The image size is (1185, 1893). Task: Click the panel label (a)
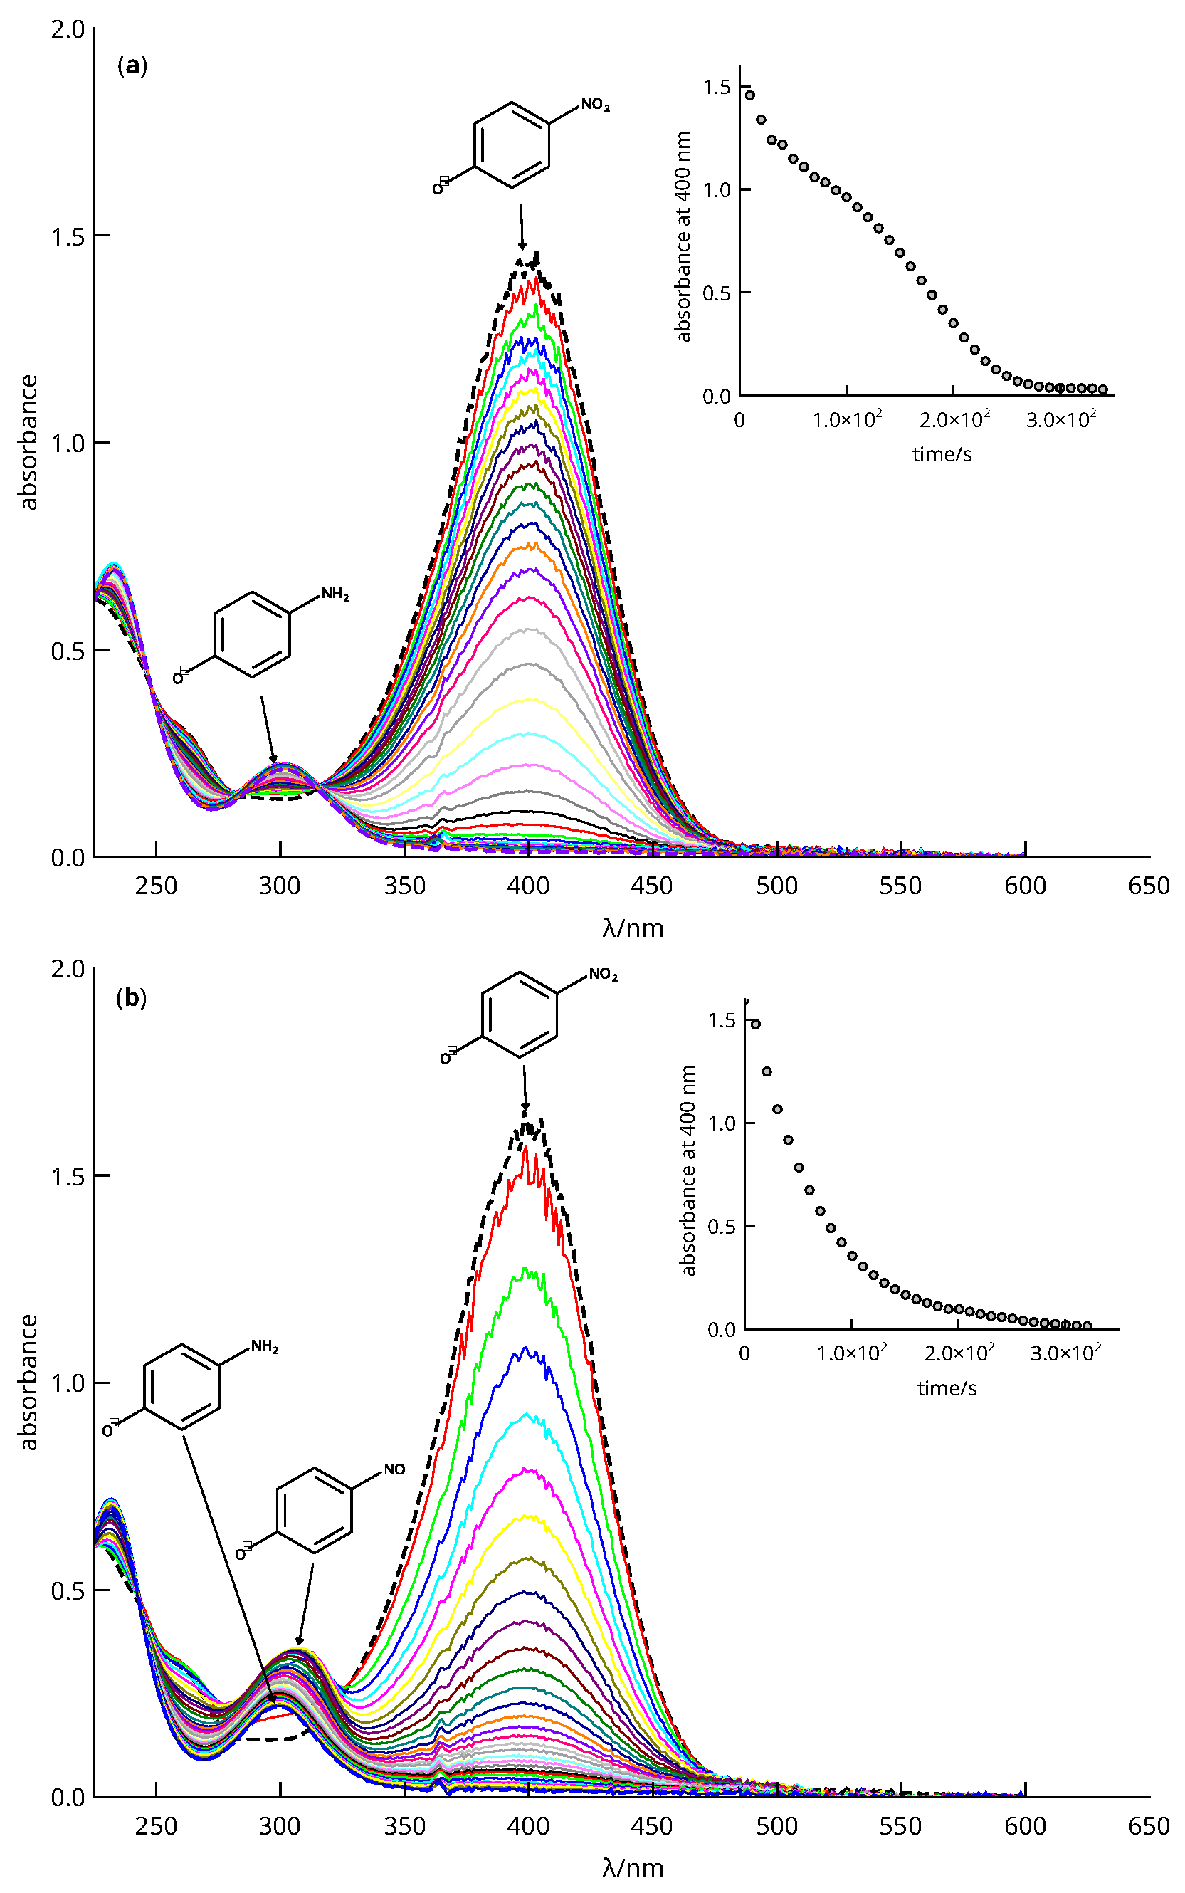[x=132, y=65]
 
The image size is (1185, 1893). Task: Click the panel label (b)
[x=131, y=998]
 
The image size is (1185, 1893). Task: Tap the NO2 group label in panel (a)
[x=595, y=106]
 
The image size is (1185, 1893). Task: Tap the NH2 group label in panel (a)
[x=335, y=594]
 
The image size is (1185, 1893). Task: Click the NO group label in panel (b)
[x=394, y=1469]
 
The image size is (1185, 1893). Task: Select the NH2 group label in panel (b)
[x=265, y=1347]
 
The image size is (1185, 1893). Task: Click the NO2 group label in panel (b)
[x=603, y=975]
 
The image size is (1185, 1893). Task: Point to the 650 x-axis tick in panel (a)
[x=1148, y=886]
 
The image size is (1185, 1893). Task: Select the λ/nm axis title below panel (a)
[x=633, y=929]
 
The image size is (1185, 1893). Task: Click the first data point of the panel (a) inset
[x=749, y=95]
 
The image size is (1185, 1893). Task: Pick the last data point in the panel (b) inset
[x=1086, y=1326]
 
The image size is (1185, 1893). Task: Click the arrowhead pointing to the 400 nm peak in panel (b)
[x=525, y=1108]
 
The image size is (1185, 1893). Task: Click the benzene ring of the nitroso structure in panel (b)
[x=315, y=1511]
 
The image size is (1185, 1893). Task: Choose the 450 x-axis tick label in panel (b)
[x=651, y=1826]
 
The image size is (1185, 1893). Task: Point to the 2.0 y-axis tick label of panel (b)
[x=68, y=970]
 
